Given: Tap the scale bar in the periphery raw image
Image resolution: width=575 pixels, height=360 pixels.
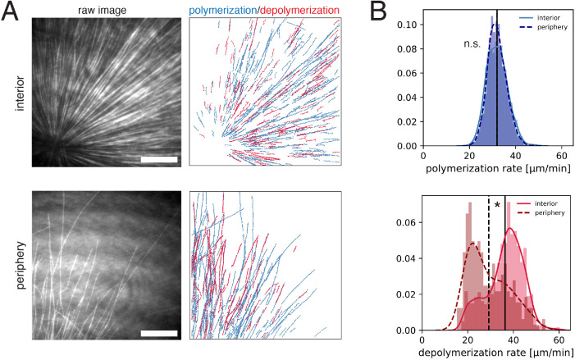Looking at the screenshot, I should [157, 333].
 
